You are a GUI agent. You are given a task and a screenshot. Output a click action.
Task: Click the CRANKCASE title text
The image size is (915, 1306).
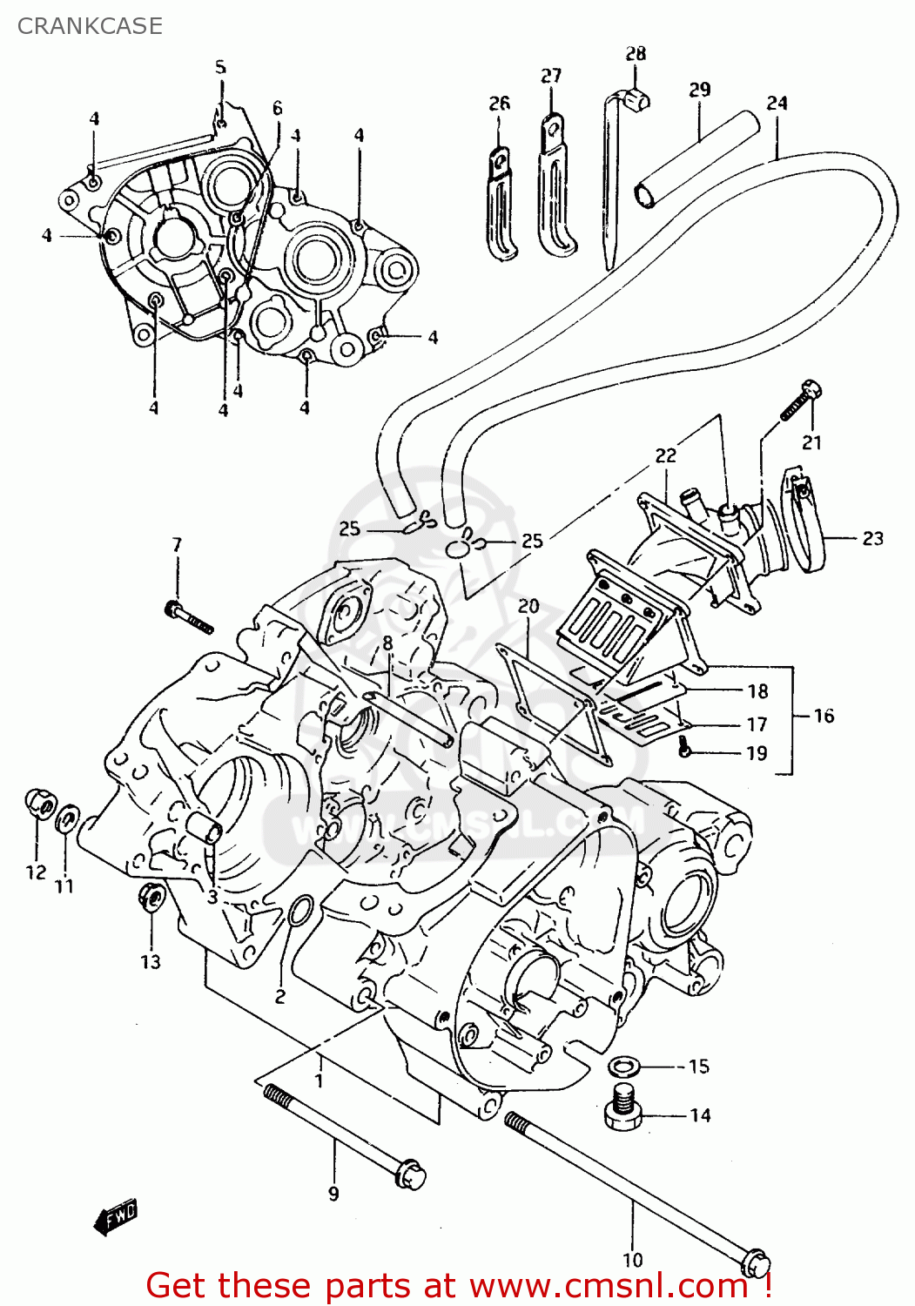[x=90, y=26]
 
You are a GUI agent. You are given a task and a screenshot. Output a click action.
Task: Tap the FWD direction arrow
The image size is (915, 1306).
[x=116, y=1217]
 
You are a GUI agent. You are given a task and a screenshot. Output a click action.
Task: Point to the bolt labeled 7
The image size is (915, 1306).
[x=188, y=616]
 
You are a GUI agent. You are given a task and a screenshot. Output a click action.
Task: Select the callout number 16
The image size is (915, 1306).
[x=824, y=716]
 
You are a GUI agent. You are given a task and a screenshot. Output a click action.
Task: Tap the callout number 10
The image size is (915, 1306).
[x=633, y=1259]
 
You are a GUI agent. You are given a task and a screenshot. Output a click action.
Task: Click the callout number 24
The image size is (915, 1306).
[x=777, y=103]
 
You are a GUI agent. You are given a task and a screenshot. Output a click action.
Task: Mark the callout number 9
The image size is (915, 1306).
[x=333, y=1194]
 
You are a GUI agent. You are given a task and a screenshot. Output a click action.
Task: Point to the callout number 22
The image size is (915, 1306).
[x=665, y=455]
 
